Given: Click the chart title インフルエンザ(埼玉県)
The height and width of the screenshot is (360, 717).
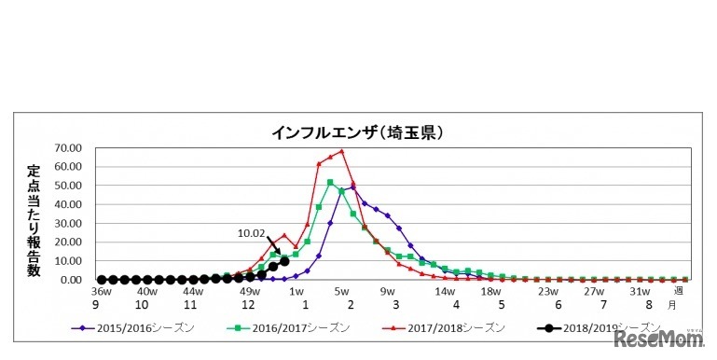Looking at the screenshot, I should [357, 133].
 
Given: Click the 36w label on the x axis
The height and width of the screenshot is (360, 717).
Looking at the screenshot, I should [101, 291].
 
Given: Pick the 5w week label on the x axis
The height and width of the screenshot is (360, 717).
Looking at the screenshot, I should [341, 291].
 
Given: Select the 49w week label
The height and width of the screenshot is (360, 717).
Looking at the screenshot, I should [249, 291].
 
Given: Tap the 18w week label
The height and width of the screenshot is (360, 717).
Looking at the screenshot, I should [490, 291].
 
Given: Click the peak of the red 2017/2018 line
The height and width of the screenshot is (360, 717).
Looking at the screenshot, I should [342, 151].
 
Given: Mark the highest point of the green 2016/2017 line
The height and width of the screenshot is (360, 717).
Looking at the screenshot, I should [330, 182].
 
